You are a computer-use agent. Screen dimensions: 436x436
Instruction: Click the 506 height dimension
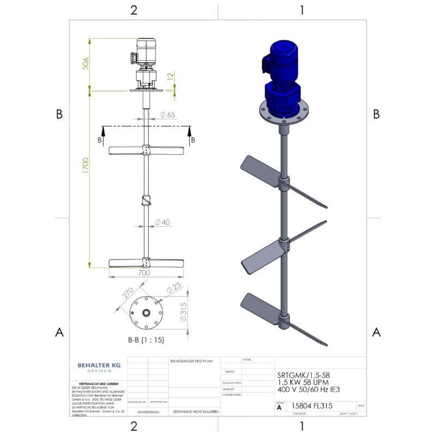point(85,64)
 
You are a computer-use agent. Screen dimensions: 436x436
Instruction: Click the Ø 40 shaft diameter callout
point(162,222)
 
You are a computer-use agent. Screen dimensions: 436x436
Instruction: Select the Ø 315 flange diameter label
point(184,311)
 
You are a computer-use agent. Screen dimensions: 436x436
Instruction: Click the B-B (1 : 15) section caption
point(146,340)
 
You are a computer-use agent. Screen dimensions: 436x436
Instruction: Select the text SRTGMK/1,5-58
point(303,375)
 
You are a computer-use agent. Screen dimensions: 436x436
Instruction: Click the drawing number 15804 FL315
point(312,406)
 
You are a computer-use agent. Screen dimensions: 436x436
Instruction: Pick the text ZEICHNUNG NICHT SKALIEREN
point(196,412)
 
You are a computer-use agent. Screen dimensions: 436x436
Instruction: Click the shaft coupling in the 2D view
point(146,201)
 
